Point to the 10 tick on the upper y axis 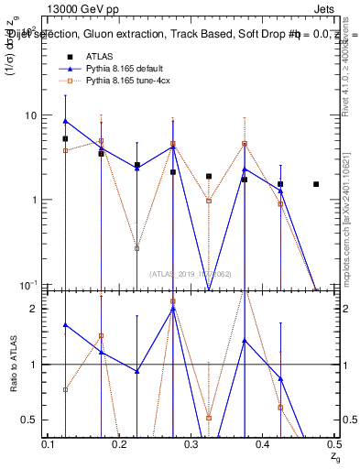36,115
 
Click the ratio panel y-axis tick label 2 38,309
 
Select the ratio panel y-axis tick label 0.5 34,420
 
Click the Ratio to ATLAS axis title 12,364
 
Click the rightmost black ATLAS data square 316,184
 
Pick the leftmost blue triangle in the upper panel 65,121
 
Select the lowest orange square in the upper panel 136,248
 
